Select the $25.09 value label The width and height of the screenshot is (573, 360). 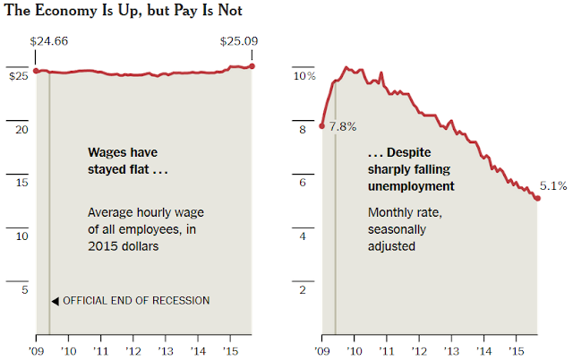point(239,41)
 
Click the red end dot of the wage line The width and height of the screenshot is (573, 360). point(252,65)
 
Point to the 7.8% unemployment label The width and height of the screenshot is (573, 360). point(342,126)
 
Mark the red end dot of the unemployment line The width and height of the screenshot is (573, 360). point(538,198)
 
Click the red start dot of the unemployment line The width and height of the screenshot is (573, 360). point(322,125)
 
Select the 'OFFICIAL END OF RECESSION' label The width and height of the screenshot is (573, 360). point(136,301)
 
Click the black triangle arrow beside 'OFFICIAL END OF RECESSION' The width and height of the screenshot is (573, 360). point(55,301)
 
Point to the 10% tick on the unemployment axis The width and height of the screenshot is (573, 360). point(305,77)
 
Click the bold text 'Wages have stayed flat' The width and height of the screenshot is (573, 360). point(129,160)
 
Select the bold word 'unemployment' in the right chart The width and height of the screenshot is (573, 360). point(411,186)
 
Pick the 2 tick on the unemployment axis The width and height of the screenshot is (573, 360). point(304,290)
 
